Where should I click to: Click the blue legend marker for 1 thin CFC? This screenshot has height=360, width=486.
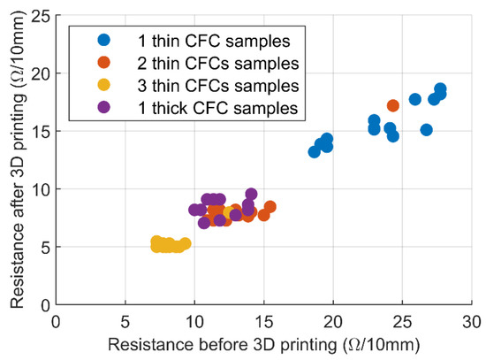[104, 40]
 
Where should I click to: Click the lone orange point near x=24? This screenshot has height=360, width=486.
[393, 105]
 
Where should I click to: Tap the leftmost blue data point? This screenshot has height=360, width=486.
[315, 151]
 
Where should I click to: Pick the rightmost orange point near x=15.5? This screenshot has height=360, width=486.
[270, 207]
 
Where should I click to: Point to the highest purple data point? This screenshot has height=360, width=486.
[251, 195]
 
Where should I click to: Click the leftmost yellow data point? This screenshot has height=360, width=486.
[156, 242]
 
